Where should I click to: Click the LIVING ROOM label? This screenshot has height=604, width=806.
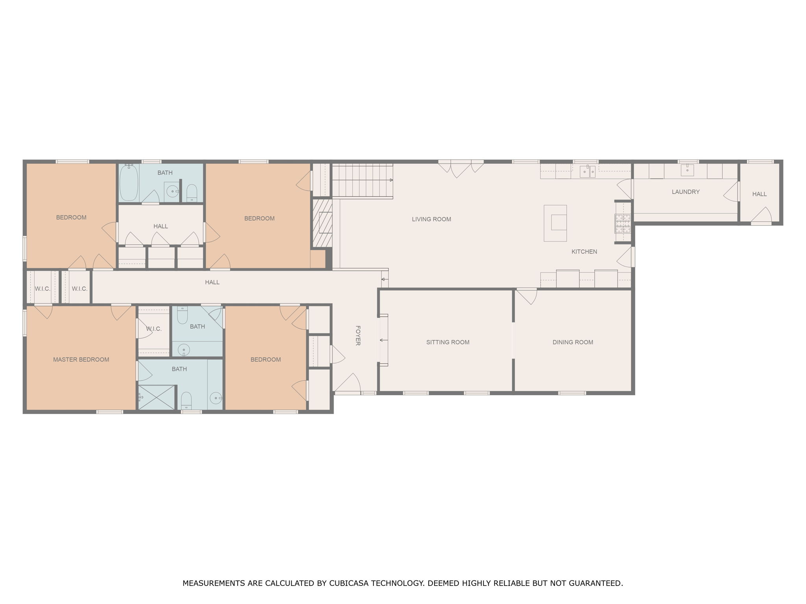[x=431, y=219]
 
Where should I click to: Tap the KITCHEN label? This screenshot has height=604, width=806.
[x=584, y=252]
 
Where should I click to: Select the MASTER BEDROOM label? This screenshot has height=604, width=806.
[x=81, y=359]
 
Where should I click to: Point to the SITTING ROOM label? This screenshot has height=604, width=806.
[x=447, y=342]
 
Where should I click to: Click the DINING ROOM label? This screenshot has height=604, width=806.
[x=573, y=342]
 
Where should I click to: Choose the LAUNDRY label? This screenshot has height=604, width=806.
[x=686, y=192]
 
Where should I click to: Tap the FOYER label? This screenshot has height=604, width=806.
[x=358, y=335]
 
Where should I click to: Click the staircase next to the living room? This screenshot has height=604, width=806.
[x=362, y=180]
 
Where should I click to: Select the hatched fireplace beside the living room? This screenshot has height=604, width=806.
[x=322, y=223]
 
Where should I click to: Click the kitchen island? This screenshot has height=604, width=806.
[x=555, y=223]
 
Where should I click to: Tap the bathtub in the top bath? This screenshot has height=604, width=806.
[x=129, y=183]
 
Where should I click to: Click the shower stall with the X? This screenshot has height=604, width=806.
[x=157, y=397]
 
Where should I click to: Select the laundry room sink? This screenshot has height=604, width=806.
[x=687, y=170]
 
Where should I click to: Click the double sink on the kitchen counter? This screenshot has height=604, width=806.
[x=588, y=171]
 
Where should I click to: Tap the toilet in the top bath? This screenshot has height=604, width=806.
[x=192, y=192]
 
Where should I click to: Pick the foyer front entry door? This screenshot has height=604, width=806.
[x=348, y=383]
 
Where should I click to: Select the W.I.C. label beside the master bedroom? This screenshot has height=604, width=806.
[x=153, y=329]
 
